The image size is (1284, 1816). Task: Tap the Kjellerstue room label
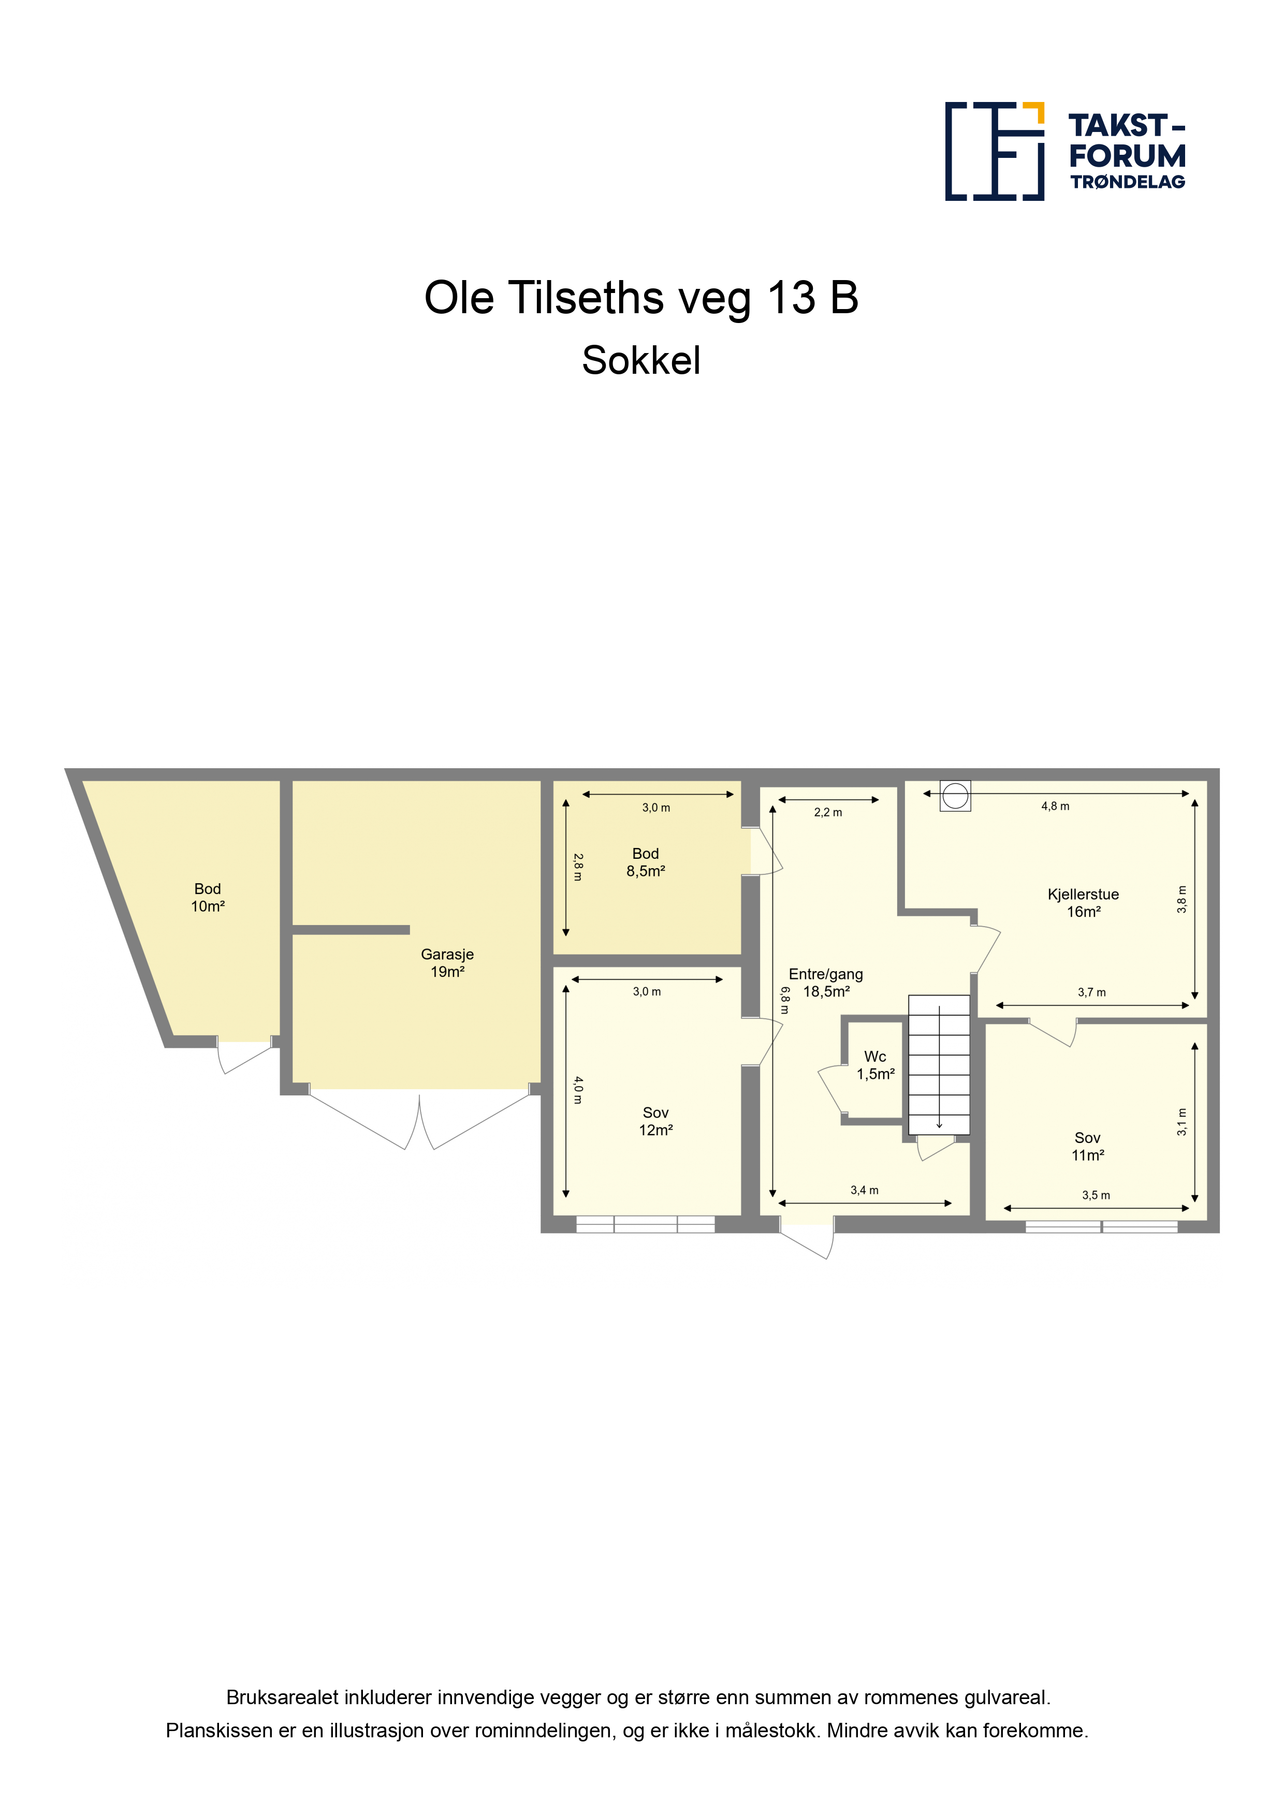(x=1083, y=902)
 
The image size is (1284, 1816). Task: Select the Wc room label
(x=875, y=1065)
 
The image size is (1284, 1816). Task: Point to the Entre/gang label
(x=825, y=983)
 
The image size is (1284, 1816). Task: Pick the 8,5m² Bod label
(x=646, y=862)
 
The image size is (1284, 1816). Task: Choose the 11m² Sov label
(x=1087, y=1146)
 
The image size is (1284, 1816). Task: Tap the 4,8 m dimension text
(x=1055, y=806)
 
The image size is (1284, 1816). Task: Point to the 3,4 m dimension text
(x=864, y=1190)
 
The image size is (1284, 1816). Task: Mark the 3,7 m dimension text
(x=1092, y=992)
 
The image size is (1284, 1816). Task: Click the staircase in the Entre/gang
(x=939, y=1065)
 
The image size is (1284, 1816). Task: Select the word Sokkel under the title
(x=641, y=361)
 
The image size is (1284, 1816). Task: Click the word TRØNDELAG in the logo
(x=1127, y=182)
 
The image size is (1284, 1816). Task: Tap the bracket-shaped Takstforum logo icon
(x=995, y=151)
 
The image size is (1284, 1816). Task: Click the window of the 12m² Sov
(x=646, y=1224)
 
